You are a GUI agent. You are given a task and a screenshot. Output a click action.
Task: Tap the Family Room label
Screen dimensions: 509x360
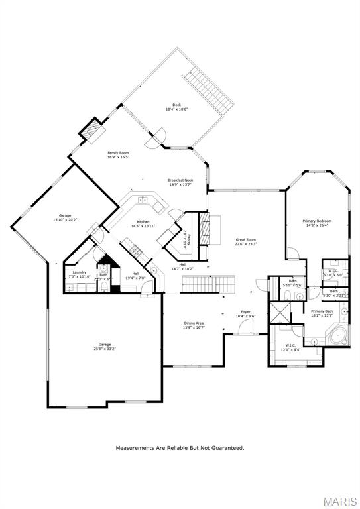118,153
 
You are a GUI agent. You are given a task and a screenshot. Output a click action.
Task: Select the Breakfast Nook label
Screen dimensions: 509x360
180,180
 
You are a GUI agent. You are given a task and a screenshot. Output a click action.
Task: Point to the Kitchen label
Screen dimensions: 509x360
143,221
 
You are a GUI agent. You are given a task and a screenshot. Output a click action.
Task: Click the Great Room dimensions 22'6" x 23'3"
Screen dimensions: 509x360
246,245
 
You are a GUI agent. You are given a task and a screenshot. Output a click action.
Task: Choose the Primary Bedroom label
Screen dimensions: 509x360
317,221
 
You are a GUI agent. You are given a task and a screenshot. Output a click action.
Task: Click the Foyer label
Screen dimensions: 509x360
245,311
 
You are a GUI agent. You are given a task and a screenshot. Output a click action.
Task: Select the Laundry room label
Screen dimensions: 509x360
80,272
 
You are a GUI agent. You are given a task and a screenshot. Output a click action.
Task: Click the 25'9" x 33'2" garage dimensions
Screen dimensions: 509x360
105,349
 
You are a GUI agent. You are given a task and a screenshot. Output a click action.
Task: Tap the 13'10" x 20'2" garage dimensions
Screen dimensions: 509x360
65,219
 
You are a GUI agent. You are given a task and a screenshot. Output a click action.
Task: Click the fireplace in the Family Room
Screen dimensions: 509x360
92,128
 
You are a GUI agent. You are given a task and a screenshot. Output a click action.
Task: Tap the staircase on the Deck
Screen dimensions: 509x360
208,89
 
